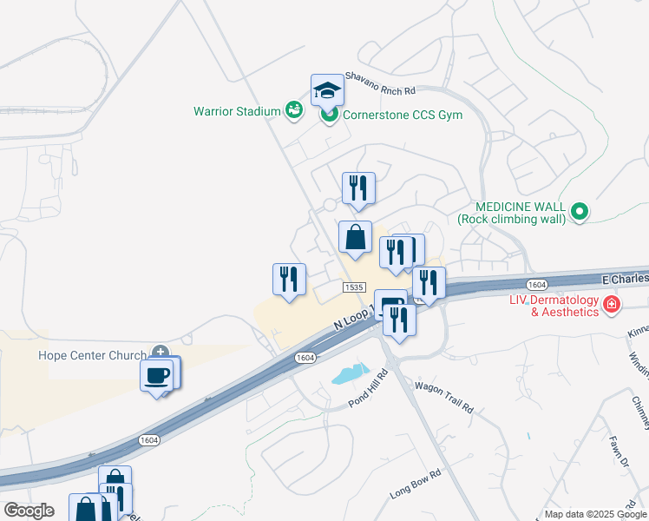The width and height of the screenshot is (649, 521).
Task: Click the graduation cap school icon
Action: click(327, 89)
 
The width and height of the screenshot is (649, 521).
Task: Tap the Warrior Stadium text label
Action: click(237, 111)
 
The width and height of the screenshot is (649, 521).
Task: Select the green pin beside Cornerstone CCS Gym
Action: click(329, 115)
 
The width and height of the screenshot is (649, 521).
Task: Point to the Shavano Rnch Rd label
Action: click(381, 83)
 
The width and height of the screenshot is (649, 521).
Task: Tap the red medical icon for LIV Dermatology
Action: click(612, 304)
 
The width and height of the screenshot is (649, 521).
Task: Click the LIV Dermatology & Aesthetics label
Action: click(554, 306)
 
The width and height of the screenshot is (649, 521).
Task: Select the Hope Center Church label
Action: click(92, 355)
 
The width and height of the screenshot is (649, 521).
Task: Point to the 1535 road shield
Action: click(352, 287)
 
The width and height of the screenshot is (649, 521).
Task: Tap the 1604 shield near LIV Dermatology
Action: click(535, 285)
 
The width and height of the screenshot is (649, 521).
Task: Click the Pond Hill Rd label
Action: click(367, 388)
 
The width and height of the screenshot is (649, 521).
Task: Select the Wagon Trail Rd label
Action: click(443, 396)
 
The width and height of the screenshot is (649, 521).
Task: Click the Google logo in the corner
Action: click(29, 511)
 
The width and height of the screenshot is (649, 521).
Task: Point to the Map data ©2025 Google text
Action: click(595, 514)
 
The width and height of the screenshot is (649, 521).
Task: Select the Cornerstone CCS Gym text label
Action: click(403, 115)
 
